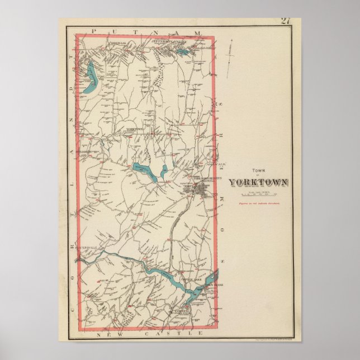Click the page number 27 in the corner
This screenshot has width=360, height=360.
pyautogui.click(x=286, y=22)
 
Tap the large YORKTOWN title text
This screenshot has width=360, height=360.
pyautogui.click(x=258, y=182)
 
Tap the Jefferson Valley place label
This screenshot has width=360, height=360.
pyautogui.click(x=171, y=41)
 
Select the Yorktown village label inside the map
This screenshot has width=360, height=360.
pyautogui.click(x=135, y=129)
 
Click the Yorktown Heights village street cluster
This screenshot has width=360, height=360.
pyautogui.click(x=198, y=191)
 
